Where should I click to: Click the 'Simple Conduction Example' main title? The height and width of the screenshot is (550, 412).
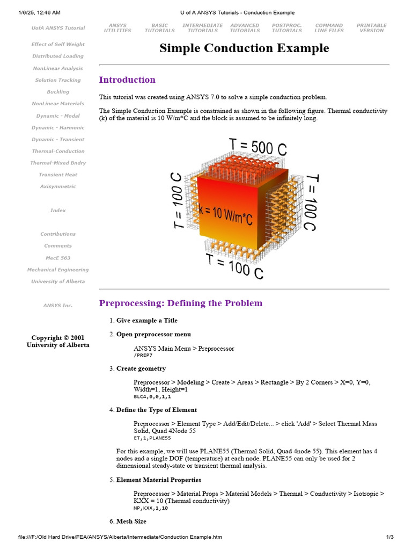pyautogui.click(x=244, y=48)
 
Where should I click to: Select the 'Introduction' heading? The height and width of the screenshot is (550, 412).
pyautogui.click(x=127, y=80)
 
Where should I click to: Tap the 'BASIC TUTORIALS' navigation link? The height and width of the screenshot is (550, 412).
pyautogui.click(x=159, y=28)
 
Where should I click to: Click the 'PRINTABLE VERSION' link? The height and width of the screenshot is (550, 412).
pyautogui.click(x=371, y=28)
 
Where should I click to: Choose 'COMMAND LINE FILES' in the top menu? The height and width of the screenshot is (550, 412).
pyautogui.click(x=329, y=28)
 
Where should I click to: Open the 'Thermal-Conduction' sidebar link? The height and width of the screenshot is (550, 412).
pyautogui.click(x=58, y=151)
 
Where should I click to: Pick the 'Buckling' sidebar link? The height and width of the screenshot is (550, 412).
pyautogui.click(x=58, y=92)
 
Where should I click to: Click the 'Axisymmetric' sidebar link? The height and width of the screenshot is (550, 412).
pyautogui.click(x=58, y=187)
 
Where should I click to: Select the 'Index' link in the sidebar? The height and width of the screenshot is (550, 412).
pyautogui.click(x=58, y=211)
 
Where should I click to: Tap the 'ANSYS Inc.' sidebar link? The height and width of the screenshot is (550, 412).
pyautogui.click(x=58, y=306)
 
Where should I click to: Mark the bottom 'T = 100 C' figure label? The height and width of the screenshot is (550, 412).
pyautogui.click(x=235, y=265)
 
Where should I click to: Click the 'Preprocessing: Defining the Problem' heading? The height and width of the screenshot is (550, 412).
pyautogui.click(x=181, y=303)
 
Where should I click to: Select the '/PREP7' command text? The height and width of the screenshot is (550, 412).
pyautogui.click(x=143, y=356)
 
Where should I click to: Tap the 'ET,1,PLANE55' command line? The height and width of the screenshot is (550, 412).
pyautogui.click(x=152, y=438)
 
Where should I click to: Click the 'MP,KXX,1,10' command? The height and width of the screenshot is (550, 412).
pyautogui.click(x=150, y=508)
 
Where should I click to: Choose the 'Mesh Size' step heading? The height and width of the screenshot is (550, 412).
pyautogui.click(x=131, y=522)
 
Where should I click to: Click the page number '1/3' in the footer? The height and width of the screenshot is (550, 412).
pyautogui.click(x=390, y=537)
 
